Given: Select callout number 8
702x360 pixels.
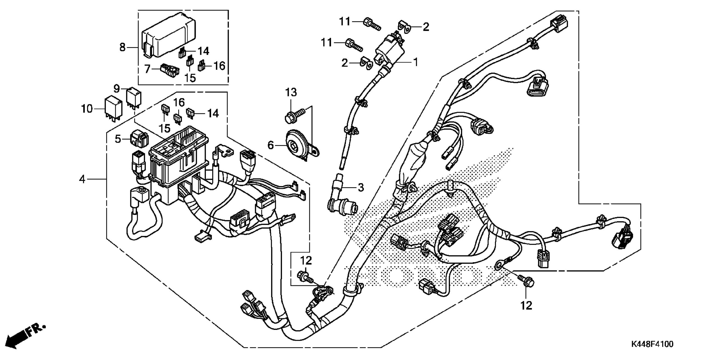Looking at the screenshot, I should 122,47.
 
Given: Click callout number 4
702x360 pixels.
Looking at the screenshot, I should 82,179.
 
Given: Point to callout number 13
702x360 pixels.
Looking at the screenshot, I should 291,92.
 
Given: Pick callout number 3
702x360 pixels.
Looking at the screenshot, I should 361,188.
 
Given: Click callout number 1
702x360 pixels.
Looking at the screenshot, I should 415,62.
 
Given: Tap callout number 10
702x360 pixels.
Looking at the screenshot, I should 87,109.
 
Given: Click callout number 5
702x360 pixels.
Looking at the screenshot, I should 118,139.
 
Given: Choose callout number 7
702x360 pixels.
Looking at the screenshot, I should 148,69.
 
